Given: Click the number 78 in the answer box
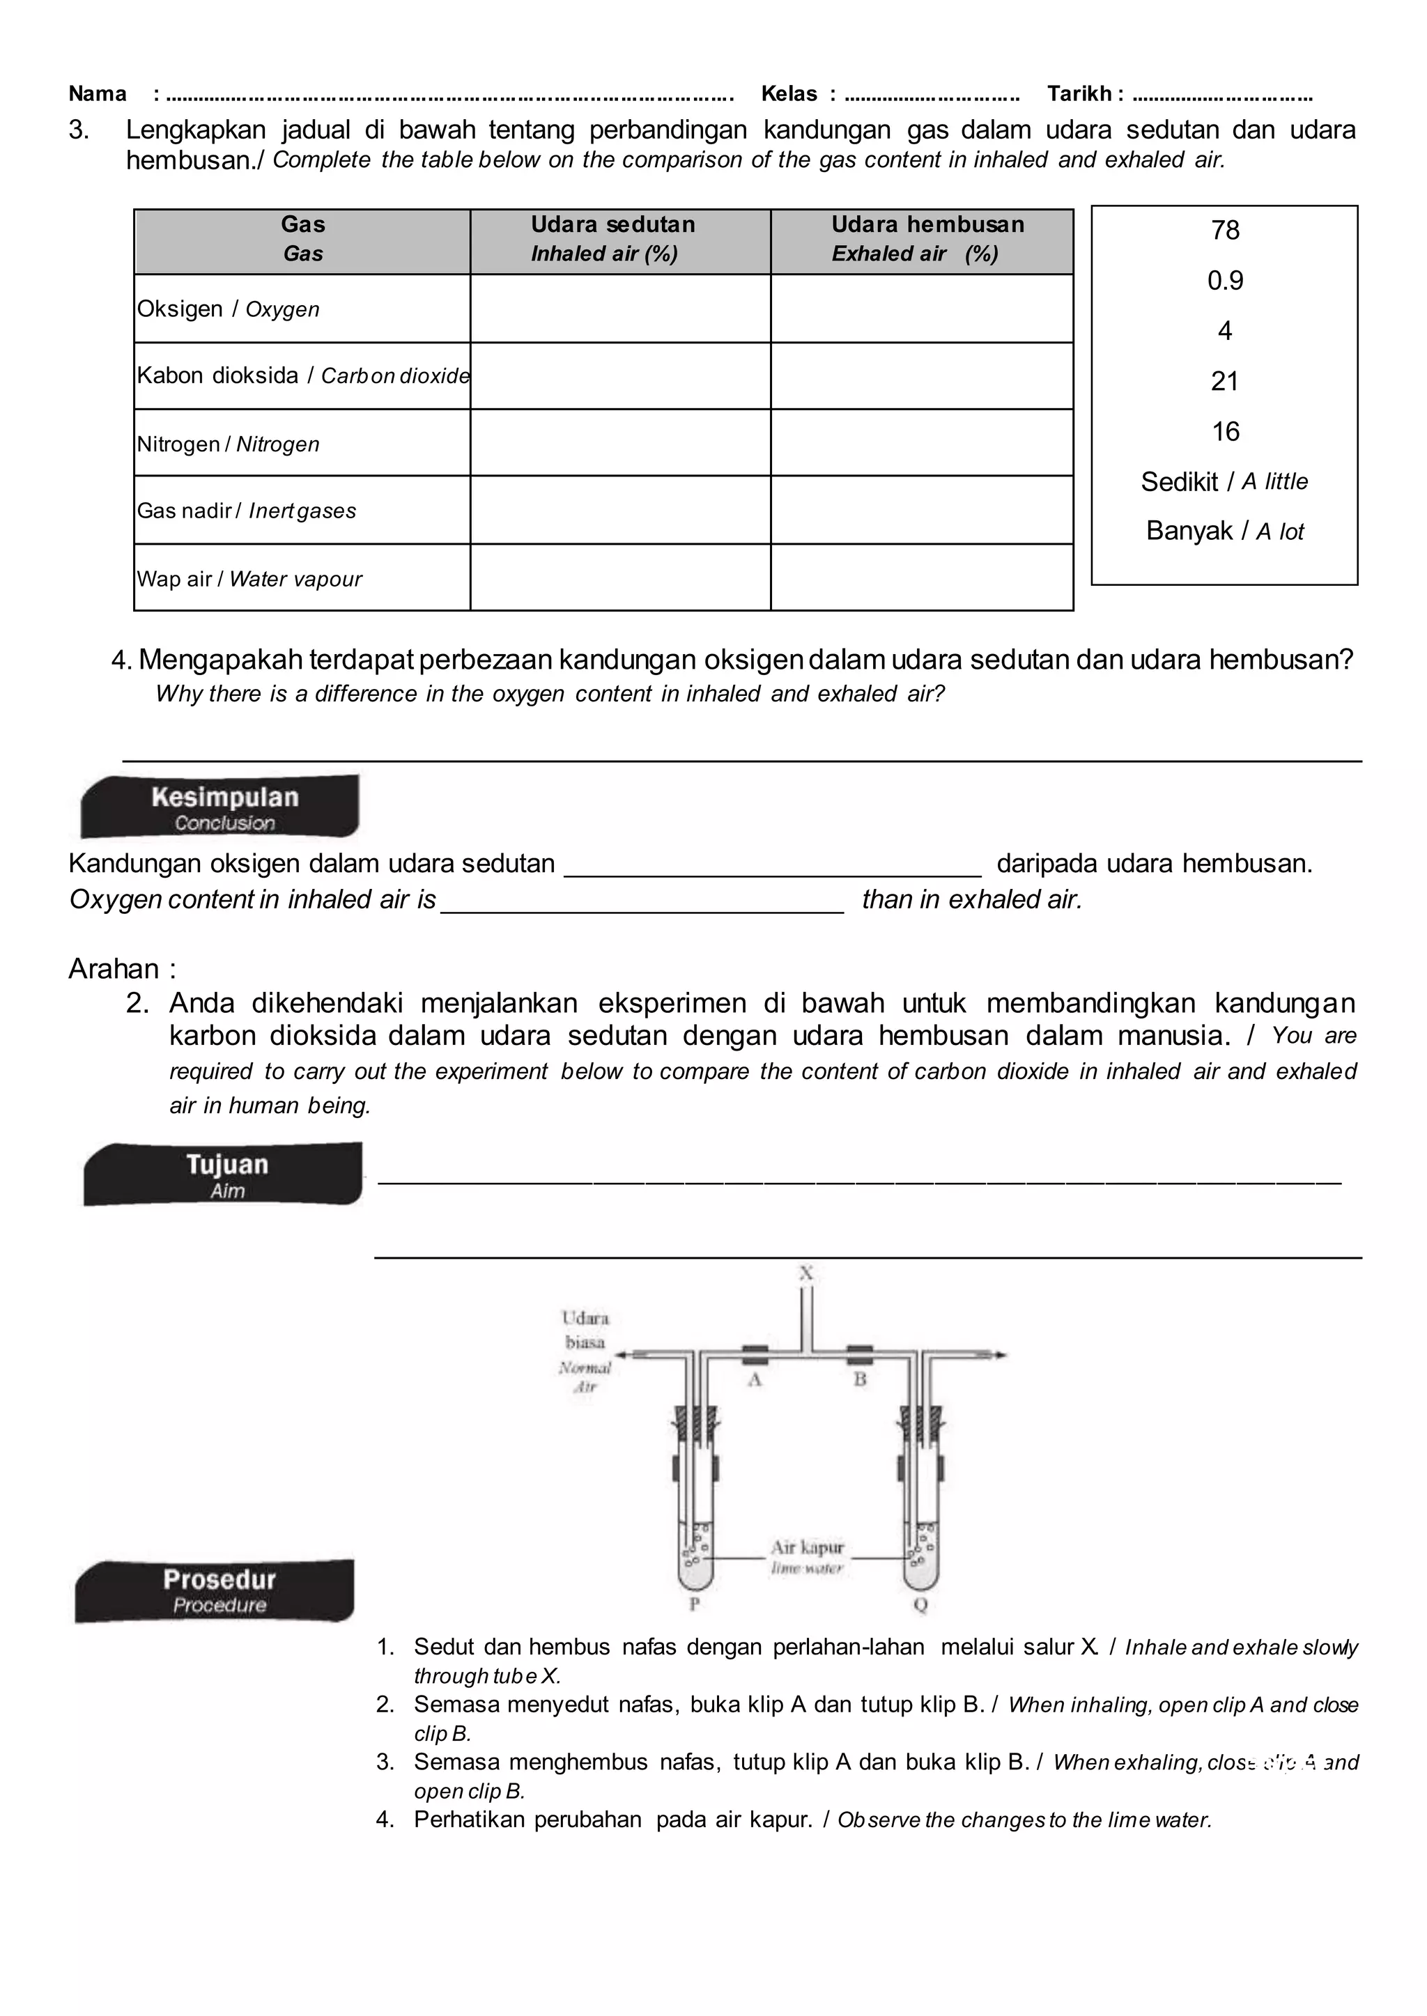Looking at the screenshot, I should (1224, 230).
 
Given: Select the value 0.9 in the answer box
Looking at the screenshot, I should (1224, 281).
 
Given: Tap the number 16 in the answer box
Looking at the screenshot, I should (1224, 431).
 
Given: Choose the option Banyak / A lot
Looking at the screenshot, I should (1224, 532).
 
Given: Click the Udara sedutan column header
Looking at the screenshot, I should (612, 239).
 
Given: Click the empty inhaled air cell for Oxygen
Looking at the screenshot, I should (620, 309).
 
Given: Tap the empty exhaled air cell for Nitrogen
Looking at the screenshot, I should (922, 443).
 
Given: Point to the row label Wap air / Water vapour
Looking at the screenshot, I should (249, 579).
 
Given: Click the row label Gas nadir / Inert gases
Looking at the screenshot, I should (247, 511).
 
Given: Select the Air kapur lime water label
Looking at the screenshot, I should (807, 1555).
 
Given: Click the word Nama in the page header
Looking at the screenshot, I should (98, 94).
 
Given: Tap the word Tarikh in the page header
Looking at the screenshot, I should (1080, 94).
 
